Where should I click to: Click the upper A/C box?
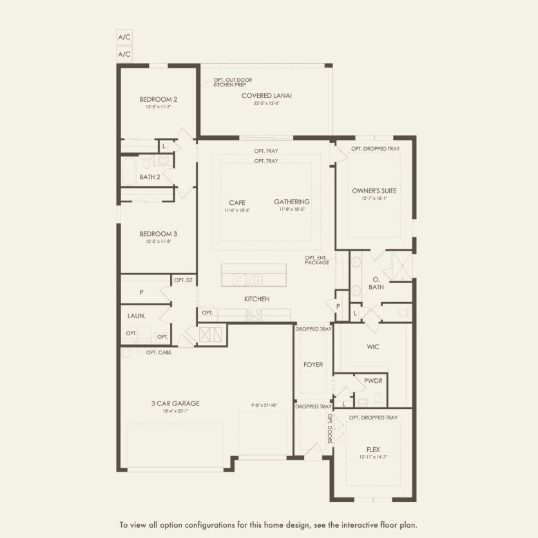pos(124,37)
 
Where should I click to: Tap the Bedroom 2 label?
pos(159,99)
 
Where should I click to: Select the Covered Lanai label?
pos(267,96)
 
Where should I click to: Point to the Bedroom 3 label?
pos(159,234)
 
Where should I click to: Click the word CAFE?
pos(236,202)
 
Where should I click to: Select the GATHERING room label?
pos(291,202)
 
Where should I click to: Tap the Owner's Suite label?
pos(374,191)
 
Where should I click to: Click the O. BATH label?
pos(376,283)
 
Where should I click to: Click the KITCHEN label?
pos(256,299)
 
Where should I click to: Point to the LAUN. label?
pos(137,316)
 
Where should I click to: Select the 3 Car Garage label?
pos(175,403)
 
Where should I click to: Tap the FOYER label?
pos(313,365)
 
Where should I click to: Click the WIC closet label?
pos(373,347)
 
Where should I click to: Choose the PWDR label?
pos(373,381)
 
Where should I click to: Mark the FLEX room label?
pos(373,449)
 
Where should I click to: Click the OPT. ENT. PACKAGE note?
pos(317,260)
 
